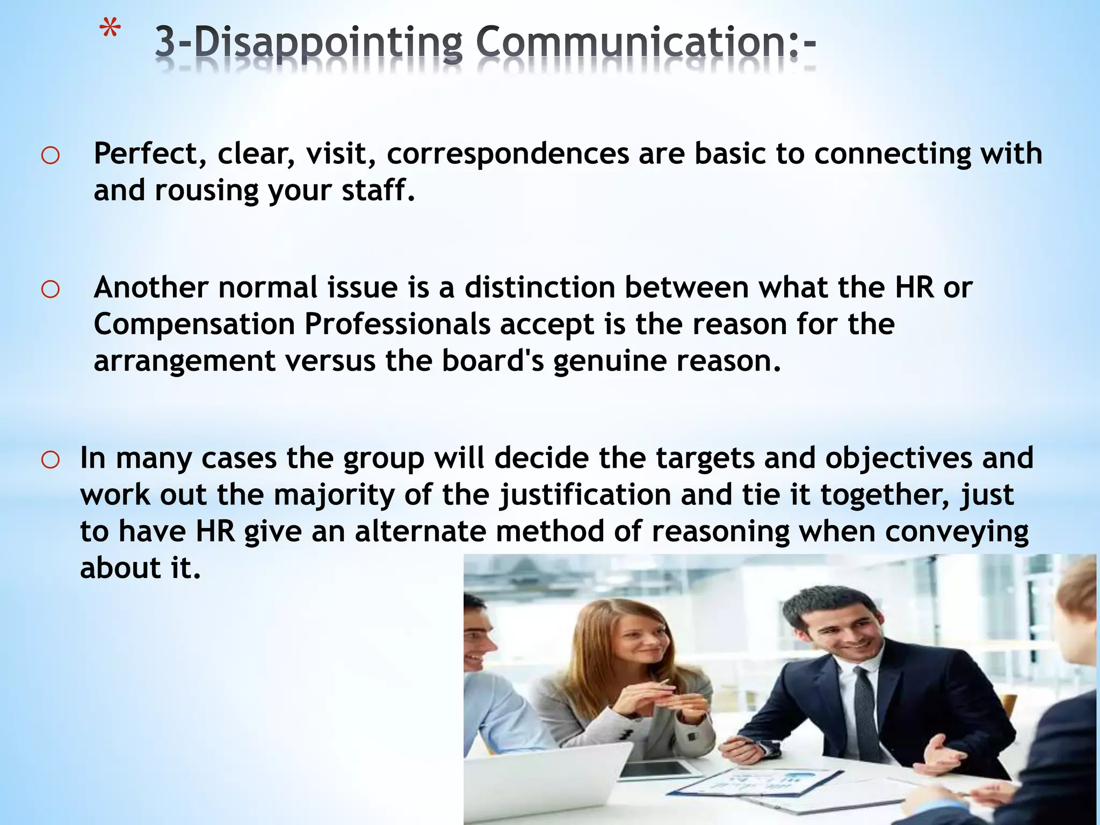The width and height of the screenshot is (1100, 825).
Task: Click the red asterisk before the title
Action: [111, 30]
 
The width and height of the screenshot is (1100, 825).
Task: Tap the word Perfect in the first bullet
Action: [151, 154]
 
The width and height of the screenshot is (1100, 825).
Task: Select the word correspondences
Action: [508, 154]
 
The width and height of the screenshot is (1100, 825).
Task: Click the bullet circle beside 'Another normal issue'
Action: [50, 290]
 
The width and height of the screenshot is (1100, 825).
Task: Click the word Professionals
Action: [397, 324]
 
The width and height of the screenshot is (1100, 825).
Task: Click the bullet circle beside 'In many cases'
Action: [50, 460]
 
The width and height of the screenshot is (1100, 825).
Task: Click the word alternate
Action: [420, 531]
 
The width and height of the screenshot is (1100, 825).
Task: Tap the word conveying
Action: [956, 532]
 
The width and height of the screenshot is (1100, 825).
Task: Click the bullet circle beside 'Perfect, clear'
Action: [50, 156]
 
